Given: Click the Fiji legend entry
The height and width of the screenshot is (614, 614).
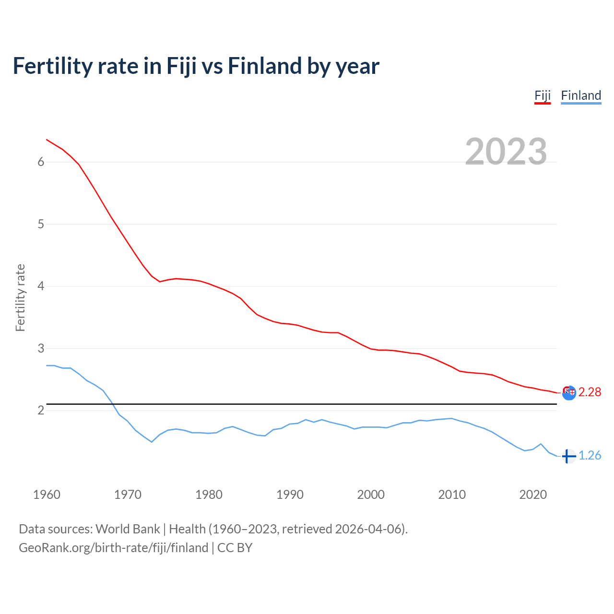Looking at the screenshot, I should pos(543,95).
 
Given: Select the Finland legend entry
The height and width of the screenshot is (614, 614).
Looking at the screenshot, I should pos(581,95).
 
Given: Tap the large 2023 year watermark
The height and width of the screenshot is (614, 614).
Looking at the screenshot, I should pos(506,152).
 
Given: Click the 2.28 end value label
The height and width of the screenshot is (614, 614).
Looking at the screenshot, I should pos(590,392).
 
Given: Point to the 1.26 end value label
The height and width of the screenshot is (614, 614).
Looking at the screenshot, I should pos(590,455).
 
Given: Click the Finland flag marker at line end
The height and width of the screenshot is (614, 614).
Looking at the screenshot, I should pos(568,456).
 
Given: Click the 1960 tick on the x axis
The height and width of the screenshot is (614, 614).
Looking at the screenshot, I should pos(47,495).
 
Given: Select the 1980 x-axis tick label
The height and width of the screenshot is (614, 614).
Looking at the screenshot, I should pos(209,495).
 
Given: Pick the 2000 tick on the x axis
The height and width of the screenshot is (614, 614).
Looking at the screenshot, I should pos(371,495).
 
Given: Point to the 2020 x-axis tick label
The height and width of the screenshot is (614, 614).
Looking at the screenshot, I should pos(533,495).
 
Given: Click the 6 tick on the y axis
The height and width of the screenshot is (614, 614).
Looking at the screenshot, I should pos(41,162).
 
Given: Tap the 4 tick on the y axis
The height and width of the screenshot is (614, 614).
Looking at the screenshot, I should pos(41,286).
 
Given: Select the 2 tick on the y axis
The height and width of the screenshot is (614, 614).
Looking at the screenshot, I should pos(41,411).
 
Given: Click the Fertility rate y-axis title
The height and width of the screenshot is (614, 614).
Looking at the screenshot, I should pos(20,297).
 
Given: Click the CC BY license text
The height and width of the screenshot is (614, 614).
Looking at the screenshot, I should pos(235,548).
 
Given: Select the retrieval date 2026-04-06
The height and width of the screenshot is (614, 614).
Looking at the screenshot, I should pos(370,529).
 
